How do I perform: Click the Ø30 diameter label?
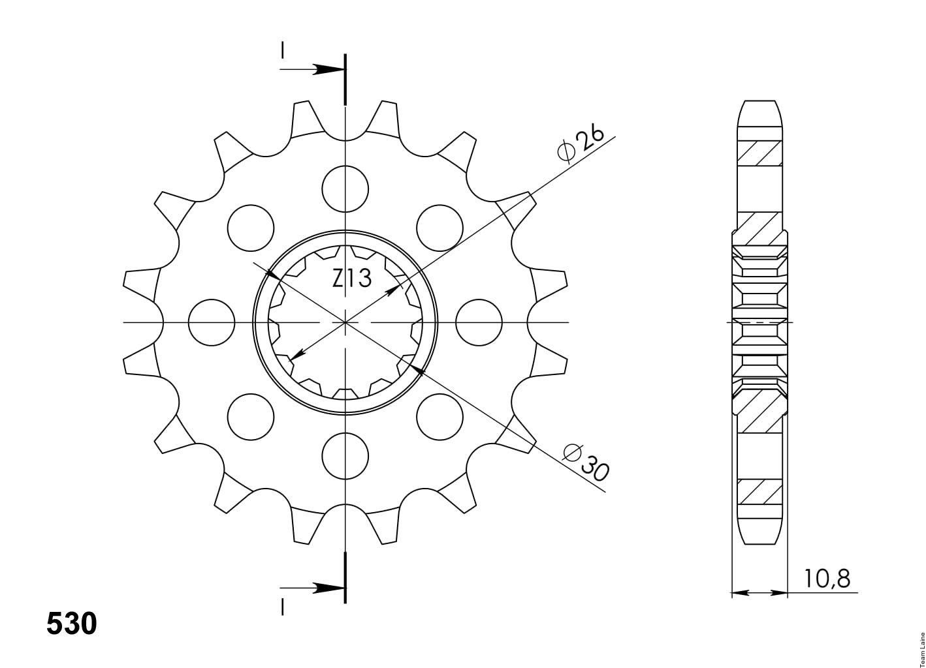pos(586,463)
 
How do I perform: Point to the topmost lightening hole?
pos(345,189)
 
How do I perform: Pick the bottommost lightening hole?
pos(345,456)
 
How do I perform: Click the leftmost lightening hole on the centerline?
pos(211,322)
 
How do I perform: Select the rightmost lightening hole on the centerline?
pos(479,322)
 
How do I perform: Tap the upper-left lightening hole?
pos(251,228)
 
